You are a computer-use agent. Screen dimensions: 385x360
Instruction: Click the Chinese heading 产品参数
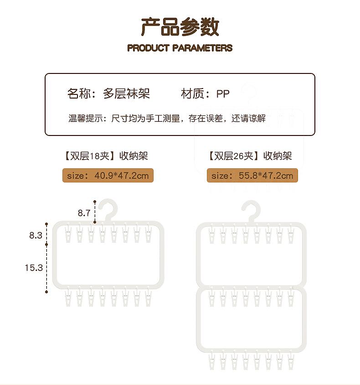pos(180,27)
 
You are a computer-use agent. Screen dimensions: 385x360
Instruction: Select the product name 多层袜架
pos(126,94)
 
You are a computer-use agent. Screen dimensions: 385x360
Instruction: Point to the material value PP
pos(223,94)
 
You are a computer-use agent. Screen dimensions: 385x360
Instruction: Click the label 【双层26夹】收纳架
pos(251,156)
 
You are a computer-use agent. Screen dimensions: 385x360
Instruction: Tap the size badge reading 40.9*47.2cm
pos(108,176)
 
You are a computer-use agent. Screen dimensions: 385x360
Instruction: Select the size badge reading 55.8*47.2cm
pos(252,176)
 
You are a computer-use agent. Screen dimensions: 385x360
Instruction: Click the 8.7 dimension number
pos(84,213)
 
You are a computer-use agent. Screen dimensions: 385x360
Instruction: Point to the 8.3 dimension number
pos(36,235)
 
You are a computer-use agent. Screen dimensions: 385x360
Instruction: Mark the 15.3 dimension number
pos(34,268)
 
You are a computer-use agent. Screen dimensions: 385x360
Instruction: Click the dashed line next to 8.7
pos(95,213)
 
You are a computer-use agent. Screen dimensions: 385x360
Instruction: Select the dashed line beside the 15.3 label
pos(46,268)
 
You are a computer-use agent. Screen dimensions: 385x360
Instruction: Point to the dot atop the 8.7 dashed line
pos(95,202)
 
